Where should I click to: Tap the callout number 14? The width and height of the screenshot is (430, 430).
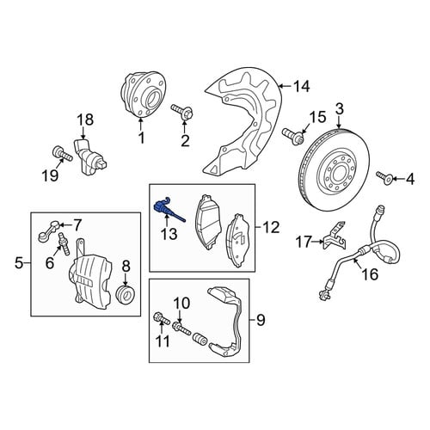point(300,86)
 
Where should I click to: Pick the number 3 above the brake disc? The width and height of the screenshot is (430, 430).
point(340,109)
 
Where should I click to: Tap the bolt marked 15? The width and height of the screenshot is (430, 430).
point(293,135)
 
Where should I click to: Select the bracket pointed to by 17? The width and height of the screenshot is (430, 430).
point(335,235)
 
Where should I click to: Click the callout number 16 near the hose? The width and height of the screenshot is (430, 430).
point(370,274)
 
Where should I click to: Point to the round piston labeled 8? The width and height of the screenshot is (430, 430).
point(126,294)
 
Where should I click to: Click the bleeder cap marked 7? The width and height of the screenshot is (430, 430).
point(49,230)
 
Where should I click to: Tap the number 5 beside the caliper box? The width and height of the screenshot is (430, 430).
point(19,263)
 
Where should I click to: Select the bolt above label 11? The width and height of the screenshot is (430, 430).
point(162,319)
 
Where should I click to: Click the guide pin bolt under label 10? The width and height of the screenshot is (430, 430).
point(181,328)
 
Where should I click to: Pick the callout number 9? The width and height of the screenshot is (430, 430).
point(261,320)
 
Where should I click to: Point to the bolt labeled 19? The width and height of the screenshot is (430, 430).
point(62,154)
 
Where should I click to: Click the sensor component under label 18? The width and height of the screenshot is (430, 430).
point(90,157)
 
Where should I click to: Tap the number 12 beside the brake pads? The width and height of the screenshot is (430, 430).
point(271,227)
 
